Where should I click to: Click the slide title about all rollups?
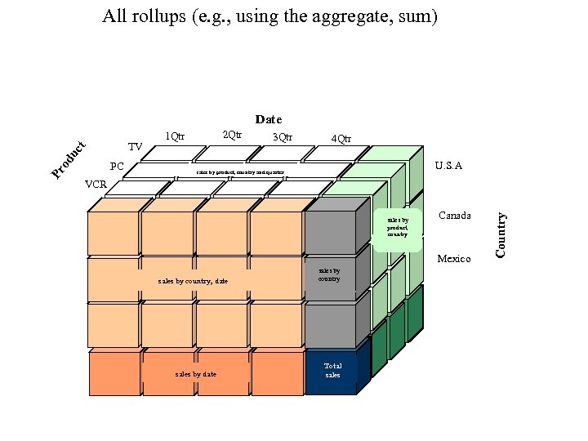coord(270,16)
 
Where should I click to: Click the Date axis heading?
coord(269,119)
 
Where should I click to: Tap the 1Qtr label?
coord(175,136)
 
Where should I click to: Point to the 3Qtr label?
coord(283,136)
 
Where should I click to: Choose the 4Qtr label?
coord(341,138)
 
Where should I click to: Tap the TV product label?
coord(136,147)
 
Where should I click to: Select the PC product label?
coord(117,167)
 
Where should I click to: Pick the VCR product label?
coord(96,185)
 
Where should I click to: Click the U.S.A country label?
coord(448,166)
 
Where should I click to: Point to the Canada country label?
coord(455,216)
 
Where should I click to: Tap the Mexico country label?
coord(454,259)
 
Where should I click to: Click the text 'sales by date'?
coord(196,374)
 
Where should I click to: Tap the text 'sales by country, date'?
coord(194,281)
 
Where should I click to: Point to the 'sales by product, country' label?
coord(399,227)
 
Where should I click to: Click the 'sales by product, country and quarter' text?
coord(240,173)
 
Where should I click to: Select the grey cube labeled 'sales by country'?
coord(330,274)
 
